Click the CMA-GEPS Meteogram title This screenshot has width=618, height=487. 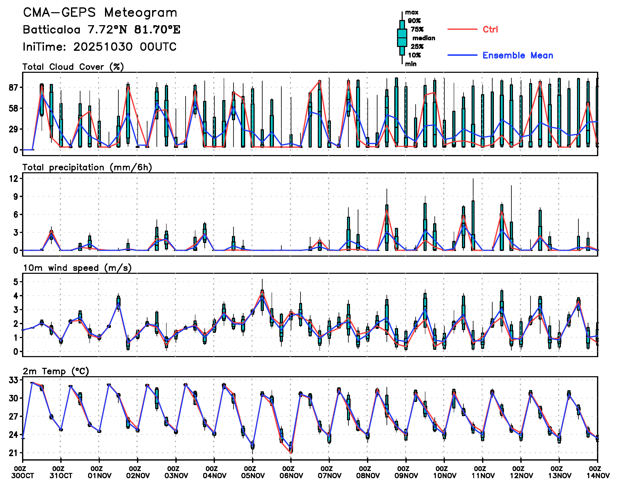[x=100, y=13]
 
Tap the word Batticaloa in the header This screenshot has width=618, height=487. [x=51, y=30]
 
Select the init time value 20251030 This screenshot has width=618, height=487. [x=103, y=47]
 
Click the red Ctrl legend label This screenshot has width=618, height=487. [x=490, y=29]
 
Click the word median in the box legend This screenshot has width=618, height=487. [x=424, y=38]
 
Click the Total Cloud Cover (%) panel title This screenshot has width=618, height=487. [x=73, y=67]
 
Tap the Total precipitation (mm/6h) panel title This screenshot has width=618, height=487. [x=87, y=167]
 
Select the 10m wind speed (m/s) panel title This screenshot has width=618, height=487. [x=77, y=268]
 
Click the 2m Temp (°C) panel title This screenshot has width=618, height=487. [x=56, y=371]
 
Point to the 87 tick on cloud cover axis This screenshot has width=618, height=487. [x=13, y=87]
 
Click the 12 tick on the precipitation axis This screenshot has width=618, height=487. [x=13, y=179]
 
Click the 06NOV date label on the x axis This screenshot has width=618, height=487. [x=291, y=476]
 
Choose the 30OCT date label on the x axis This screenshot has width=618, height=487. [x=22, y=476]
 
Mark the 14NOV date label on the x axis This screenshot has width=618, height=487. [x=598, y=476]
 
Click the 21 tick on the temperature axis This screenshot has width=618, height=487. [x=13, y=453]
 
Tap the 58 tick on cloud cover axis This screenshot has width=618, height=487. [x=13, y=108]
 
